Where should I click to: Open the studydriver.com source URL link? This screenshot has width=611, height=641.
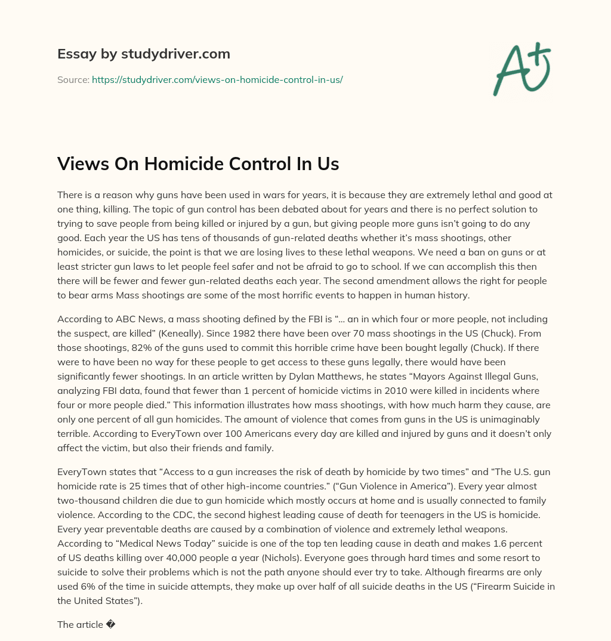pyautogui.click(x=217, y=79)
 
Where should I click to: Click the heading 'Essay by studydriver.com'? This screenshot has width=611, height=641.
pyautogui.click(x=143, y=54)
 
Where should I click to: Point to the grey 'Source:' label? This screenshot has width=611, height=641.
pyautogui.click(x=73, y=79)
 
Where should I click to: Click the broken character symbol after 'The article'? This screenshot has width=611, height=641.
pyautogui.click(x=110, y=624)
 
